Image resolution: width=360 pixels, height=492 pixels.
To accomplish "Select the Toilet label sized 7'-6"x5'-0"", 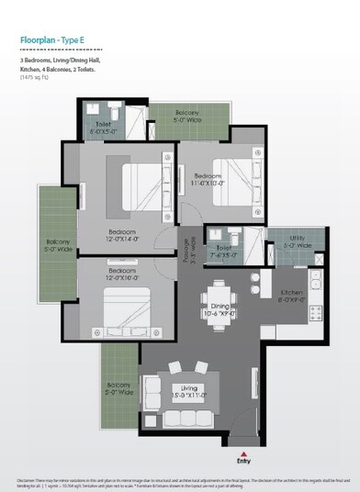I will [225, 248].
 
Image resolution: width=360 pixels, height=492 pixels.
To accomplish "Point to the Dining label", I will [221, 309].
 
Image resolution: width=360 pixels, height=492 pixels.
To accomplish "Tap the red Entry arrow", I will [242, 453].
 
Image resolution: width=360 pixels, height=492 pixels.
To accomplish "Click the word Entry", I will [242, 462].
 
